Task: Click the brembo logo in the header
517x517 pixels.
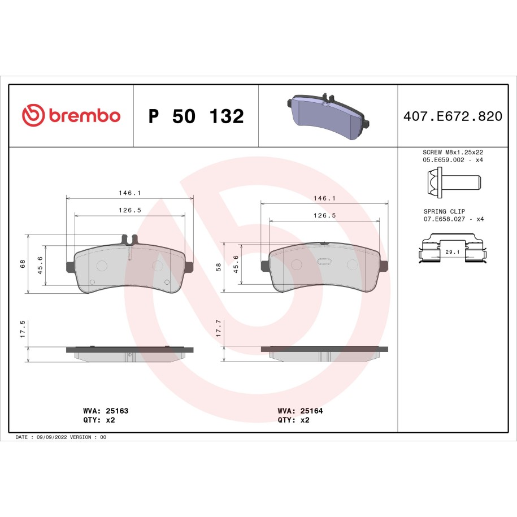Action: (x=71, y=115)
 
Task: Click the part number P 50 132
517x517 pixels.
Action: (x=196, y=116)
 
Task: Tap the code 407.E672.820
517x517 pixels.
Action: (x=453, y=116)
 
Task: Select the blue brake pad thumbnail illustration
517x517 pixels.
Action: (x=328, y=116)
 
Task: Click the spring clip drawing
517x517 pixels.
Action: (x=453, y=248)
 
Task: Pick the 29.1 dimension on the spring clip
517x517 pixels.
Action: (x=453, y=252)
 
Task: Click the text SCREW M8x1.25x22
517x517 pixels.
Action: (x=453, y=153)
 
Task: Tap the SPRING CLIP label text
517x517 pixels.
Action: (x=444, y=211)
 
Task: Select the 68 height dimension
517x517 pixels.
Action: (x=23, y=264)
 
